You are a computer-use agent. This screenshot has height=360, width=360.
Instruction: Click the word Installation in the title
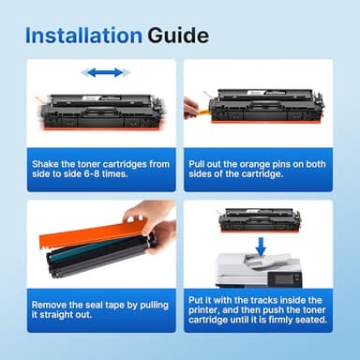(x=83, y=37)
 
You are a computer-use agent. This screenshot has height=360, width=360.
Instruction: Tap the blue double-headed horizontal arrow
(x=102, y=72)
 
